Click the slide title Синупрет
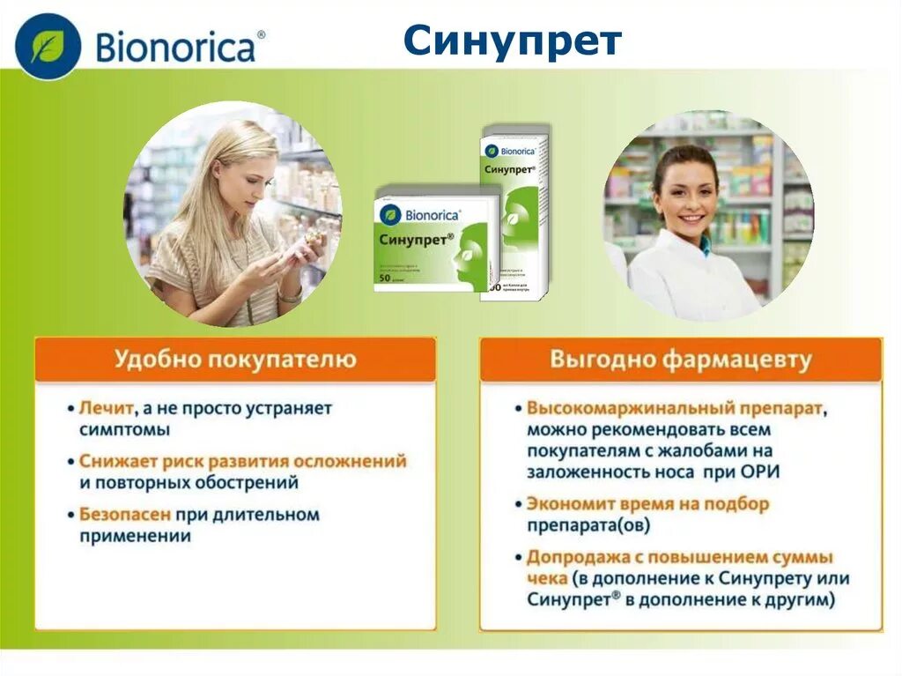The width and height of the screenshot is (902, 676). pyautogui.click(x=513, y=41)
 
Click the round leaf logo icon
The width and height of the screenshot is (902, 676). pyautogui.click(x=48, y=46)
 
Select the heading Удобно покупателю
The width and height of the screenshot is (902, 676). pyautogui.click(x=235, y=360)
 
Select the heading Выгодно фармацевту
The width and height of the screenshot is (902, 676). pyautogui.click(x=681, y=360)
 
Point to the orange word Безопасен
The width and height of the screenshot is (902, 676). pyautogui.click(x=124, y=514)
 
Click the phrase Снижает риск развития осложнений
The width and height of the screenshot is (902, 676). pyautogui.click(x=242, y=461)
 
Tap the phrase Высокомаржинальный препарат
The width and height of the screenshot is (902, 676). pyautogui.click(x=675, y=409)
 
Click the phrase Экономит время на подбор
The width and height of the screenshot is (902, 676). pyautogui.click(x=647, y=504)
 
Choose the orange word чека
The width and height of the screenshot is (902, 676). pyautogui.click(x=546, y=578)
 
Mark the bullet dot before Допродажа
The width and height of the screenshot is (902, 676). pyautogui.click(x=518, y=558)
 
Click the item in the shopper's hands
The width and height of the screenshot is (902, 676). pyautogui.click(x=299, y=253)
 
